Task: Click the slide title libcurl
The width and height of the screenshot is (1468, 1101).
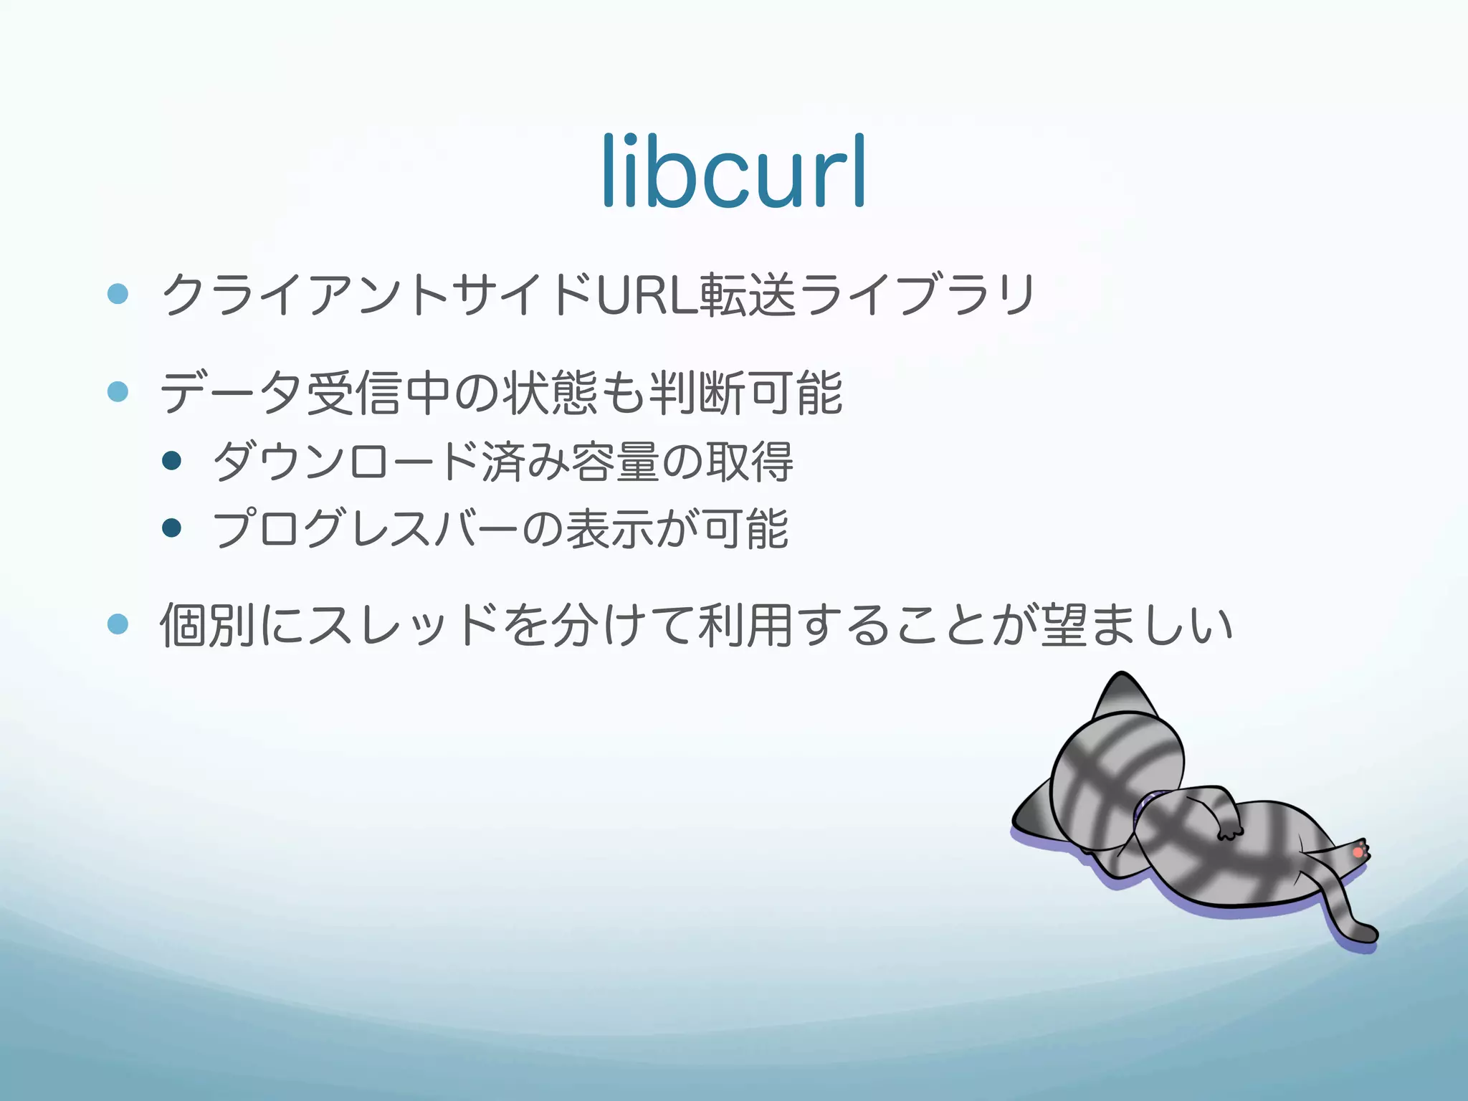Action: point(734,172)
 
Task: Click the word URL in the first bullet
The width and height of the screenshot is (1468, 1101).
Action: point(647,295)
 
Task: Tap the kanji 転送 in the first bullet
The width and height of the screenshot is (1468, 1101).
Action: point(748,295)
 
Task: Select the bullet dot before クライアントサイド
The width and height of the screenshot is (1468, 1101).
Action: point(118,293)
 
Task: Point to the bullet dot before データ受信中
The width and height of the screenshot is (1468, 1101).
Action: point(118,391)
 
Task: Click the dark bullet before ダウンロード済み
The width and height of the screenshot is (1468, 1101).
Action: point(172,460)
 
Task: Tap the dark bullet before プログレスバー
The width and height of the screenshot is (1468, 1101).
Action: point(172,528)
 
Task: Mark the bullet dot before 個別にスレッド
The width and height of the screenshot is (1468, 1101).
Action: point(118,624)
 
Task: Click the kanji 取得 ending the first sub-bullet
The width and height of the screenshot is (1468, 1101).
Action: point(749,462)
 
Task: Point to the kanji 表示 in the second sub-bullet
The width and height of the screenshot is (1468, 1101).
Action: point(611,530)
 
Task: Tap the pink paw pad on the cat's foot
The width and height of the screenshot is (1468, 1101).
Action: point(1357,852)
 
